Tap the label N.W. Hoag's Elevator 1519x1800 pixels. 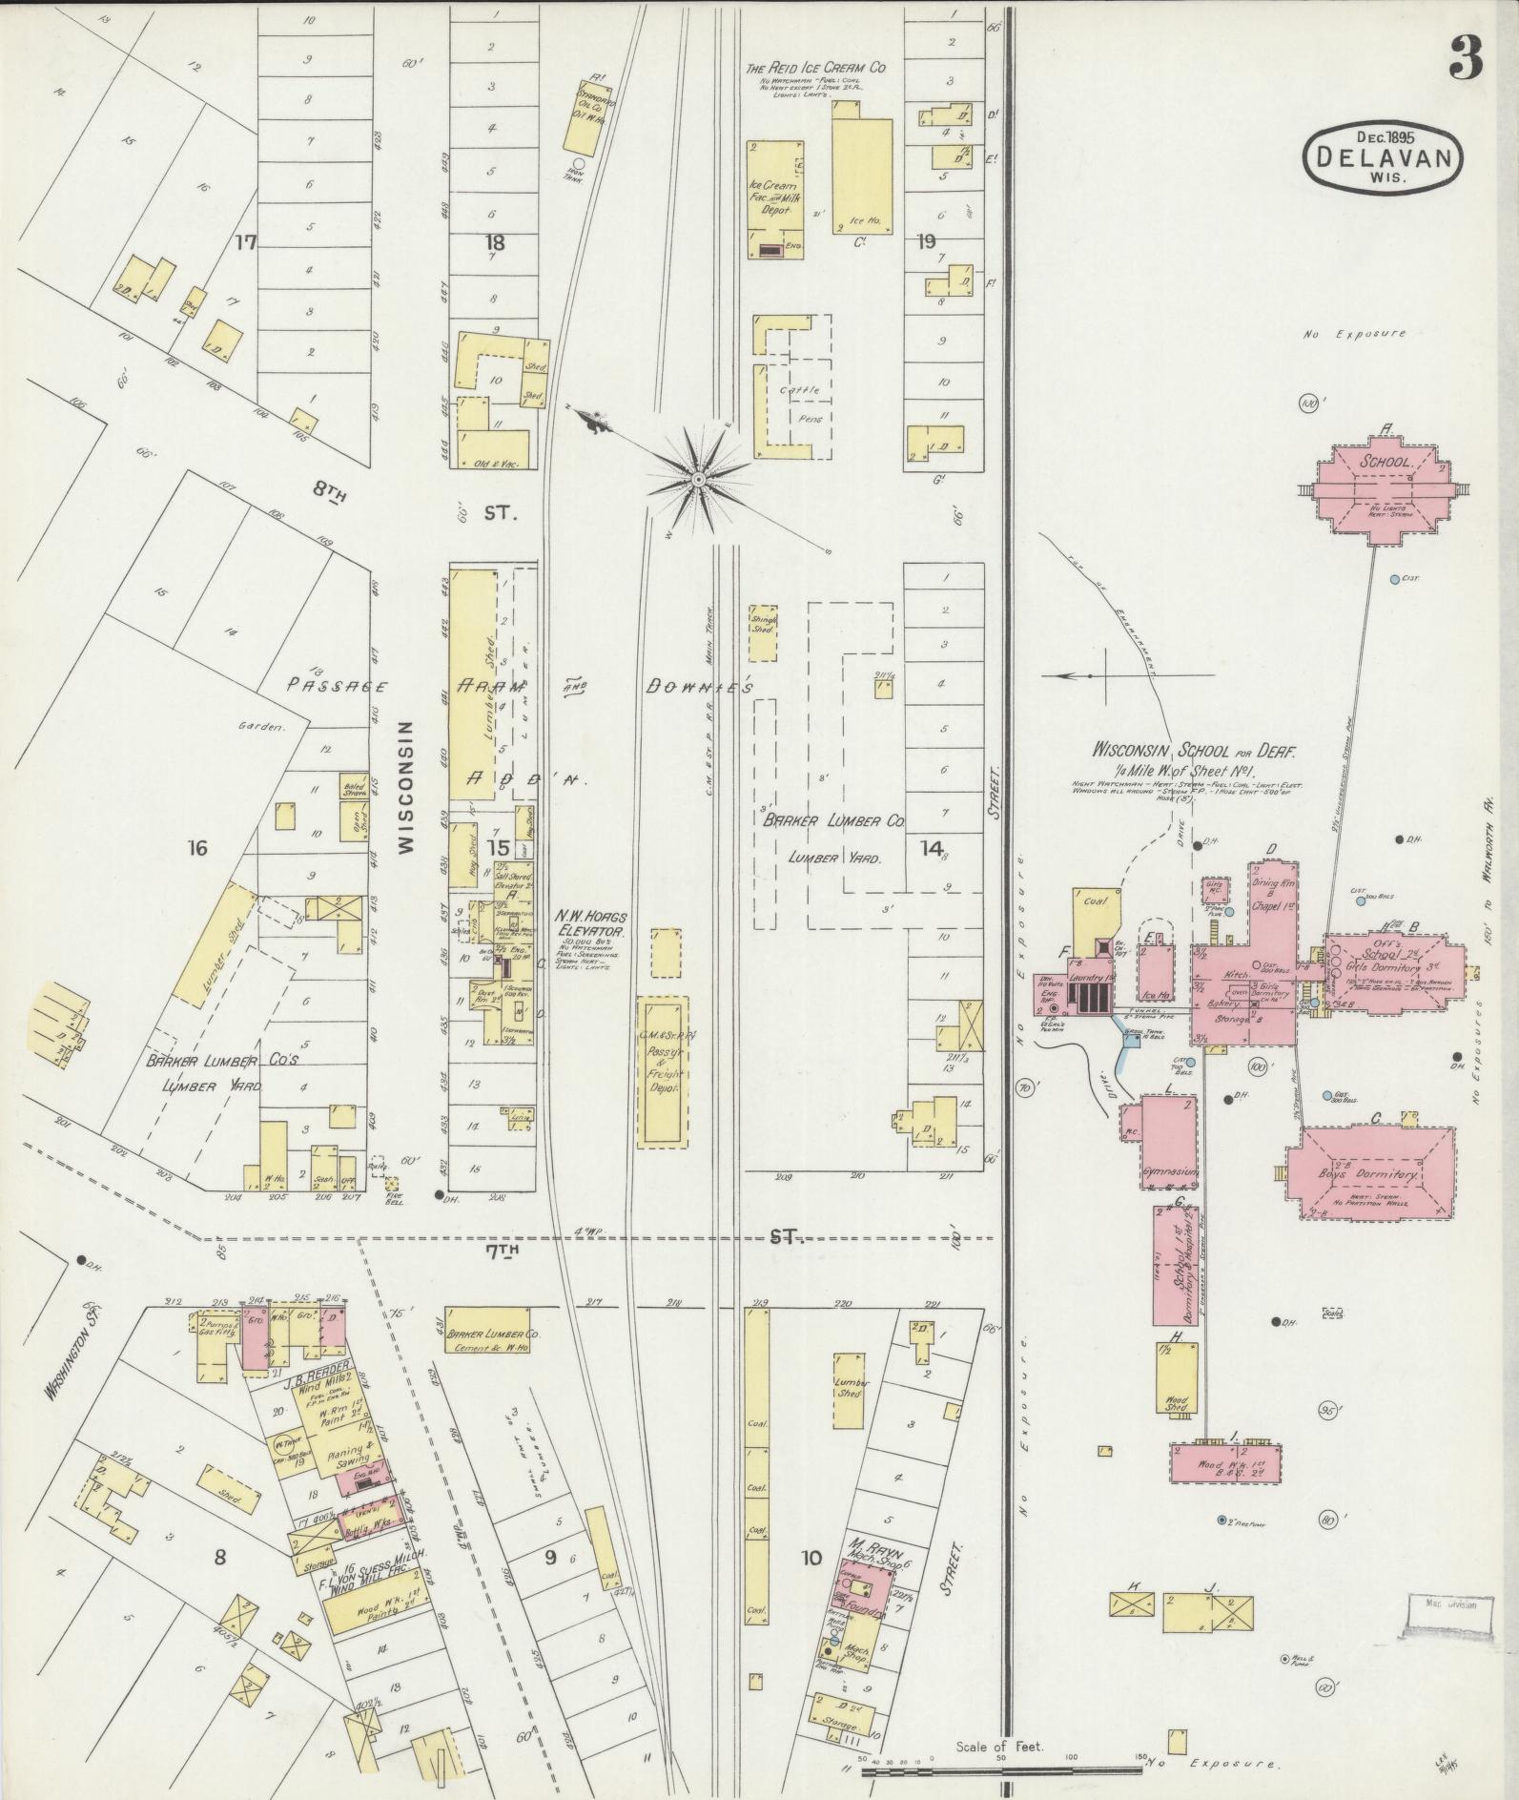click(591, 924)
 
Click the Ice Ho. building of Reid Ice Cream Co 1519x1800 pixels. click(861, 175)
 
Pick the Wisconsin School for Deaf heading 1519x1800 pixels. click(1193, 753)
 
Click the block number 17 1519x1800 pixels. click(246, 243)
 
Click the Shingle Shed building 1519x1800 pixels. click(763, 632)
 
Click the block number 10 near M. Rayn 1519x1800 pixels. click(811, 1559)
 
